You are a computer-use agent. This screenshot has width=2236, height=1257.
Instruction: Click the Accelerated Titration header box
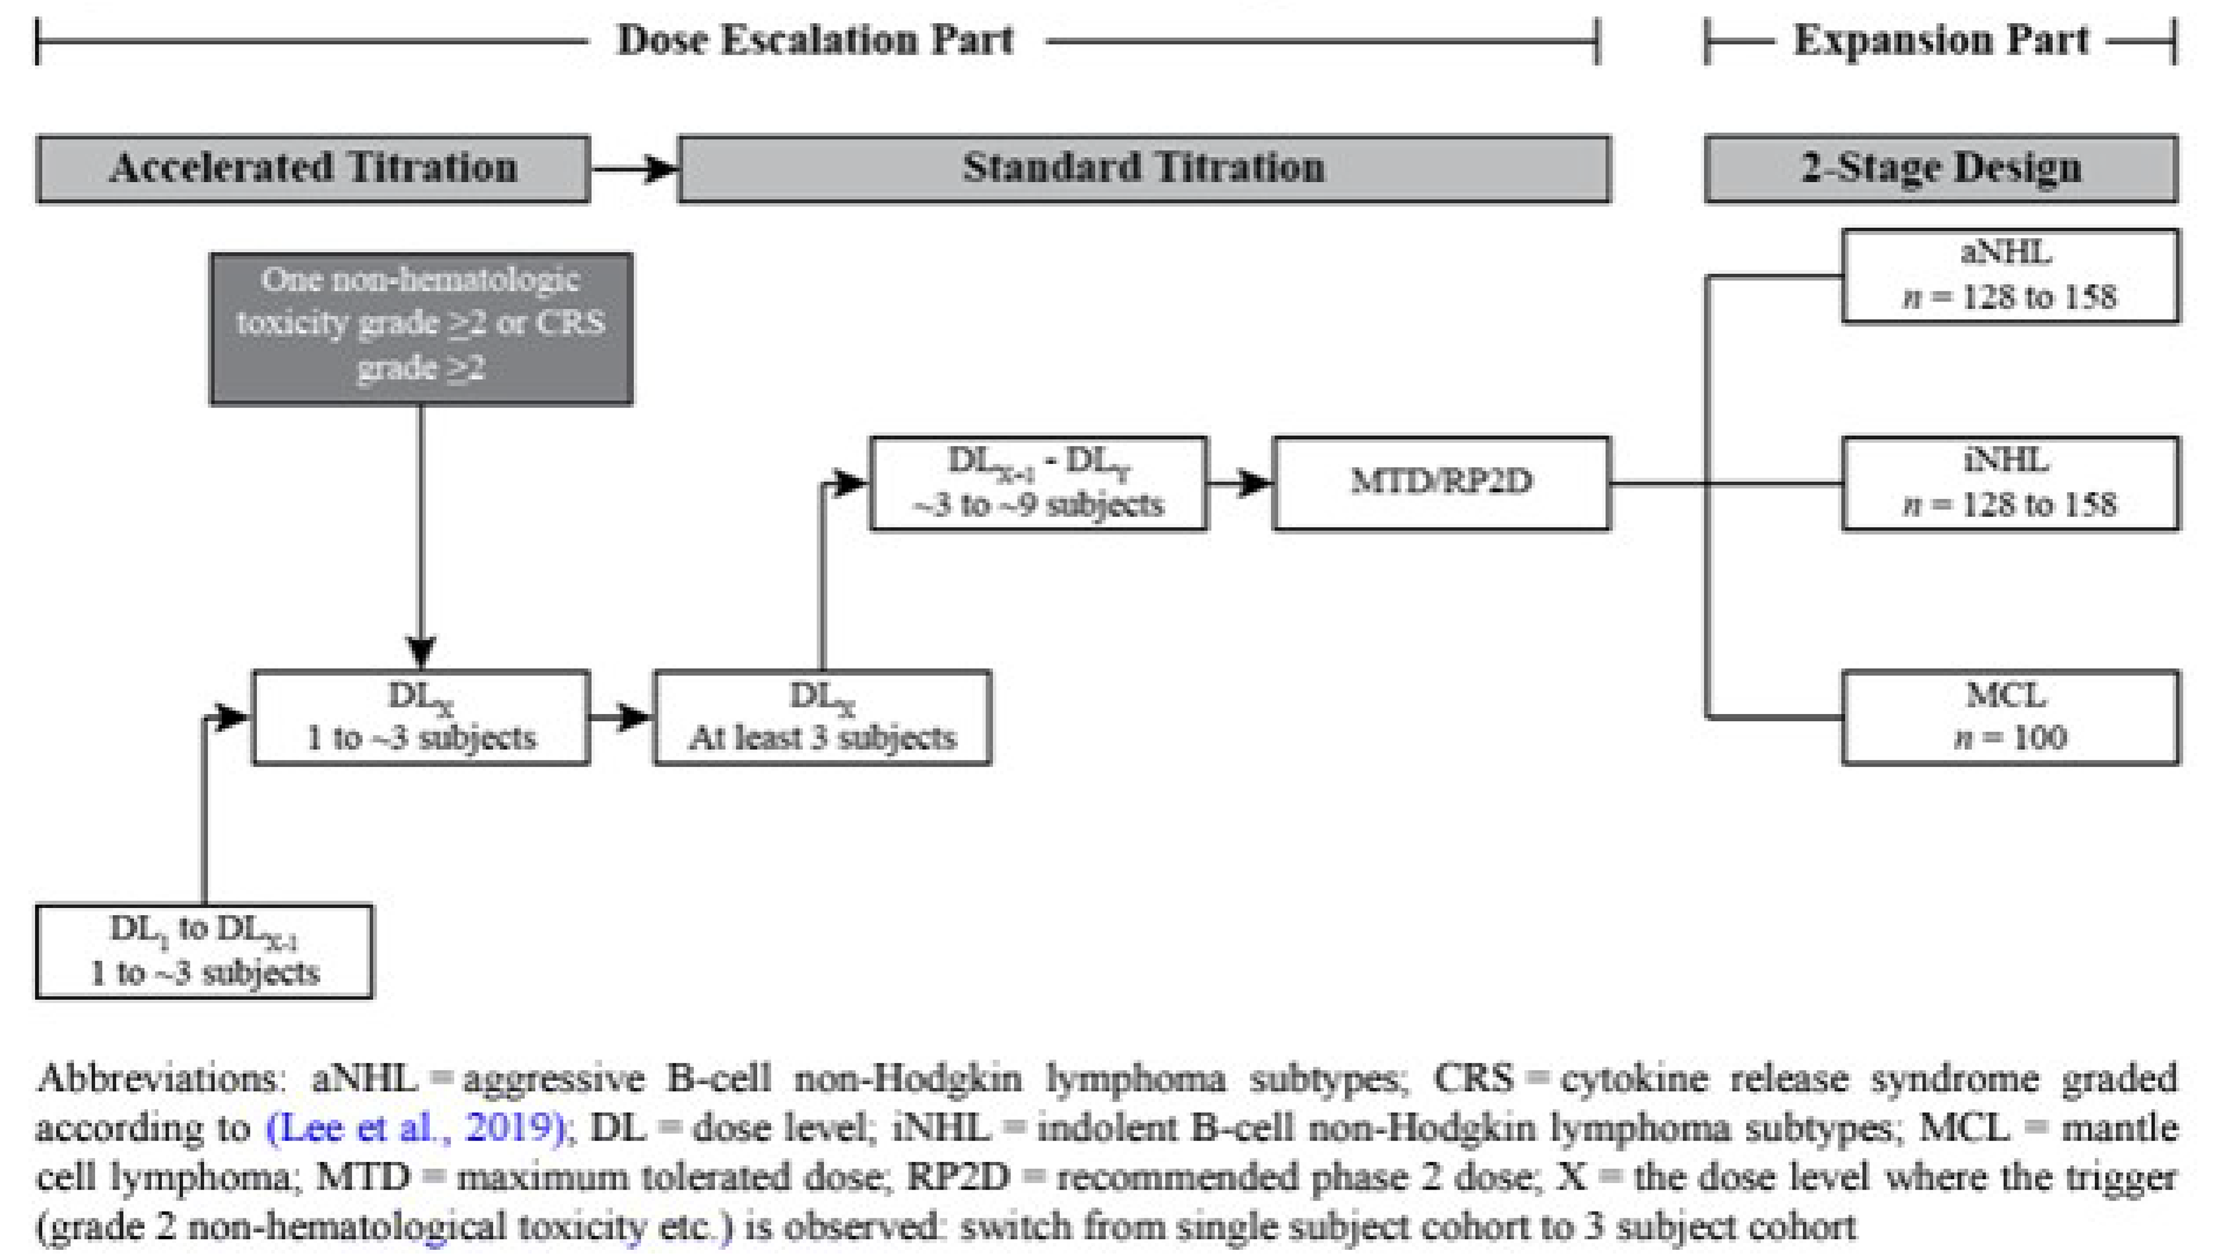click(312, 168)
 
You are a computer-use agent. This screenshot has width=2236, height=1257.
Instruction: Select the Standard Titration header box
click(1143, 168)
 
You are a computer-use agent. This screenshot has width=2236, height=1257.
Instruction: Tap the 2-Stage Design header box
click(1941, 168)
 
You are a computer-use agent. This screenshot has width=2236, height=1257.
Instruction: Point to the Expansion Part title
click(1941, 40)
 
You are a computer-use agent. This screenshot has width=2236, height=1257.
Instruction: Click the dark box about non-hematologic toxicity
click(421, 328)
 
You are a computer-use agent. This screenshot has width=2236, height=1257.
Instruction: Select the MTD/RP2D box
click(1441, 483)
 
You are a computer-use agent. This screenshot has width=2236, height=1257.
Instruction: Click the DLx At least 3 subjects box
click(822, 717)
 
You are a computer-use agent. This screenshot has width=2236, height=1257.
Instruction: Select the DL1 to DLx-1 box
click(204, 952)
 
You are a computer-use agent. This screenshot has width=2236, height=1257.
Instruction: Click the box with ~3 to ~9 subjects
click(1038, 483)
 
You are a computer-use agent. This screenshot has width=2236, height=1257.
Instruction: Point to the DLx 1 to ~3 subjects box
click(421, 717)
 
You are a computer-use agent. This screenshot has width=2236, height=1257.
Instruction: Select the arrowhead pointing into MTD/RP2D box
click(1255, 483)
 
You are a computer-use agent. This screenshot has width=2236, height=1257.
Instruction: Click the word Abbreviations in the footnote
click(156, 1079)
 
